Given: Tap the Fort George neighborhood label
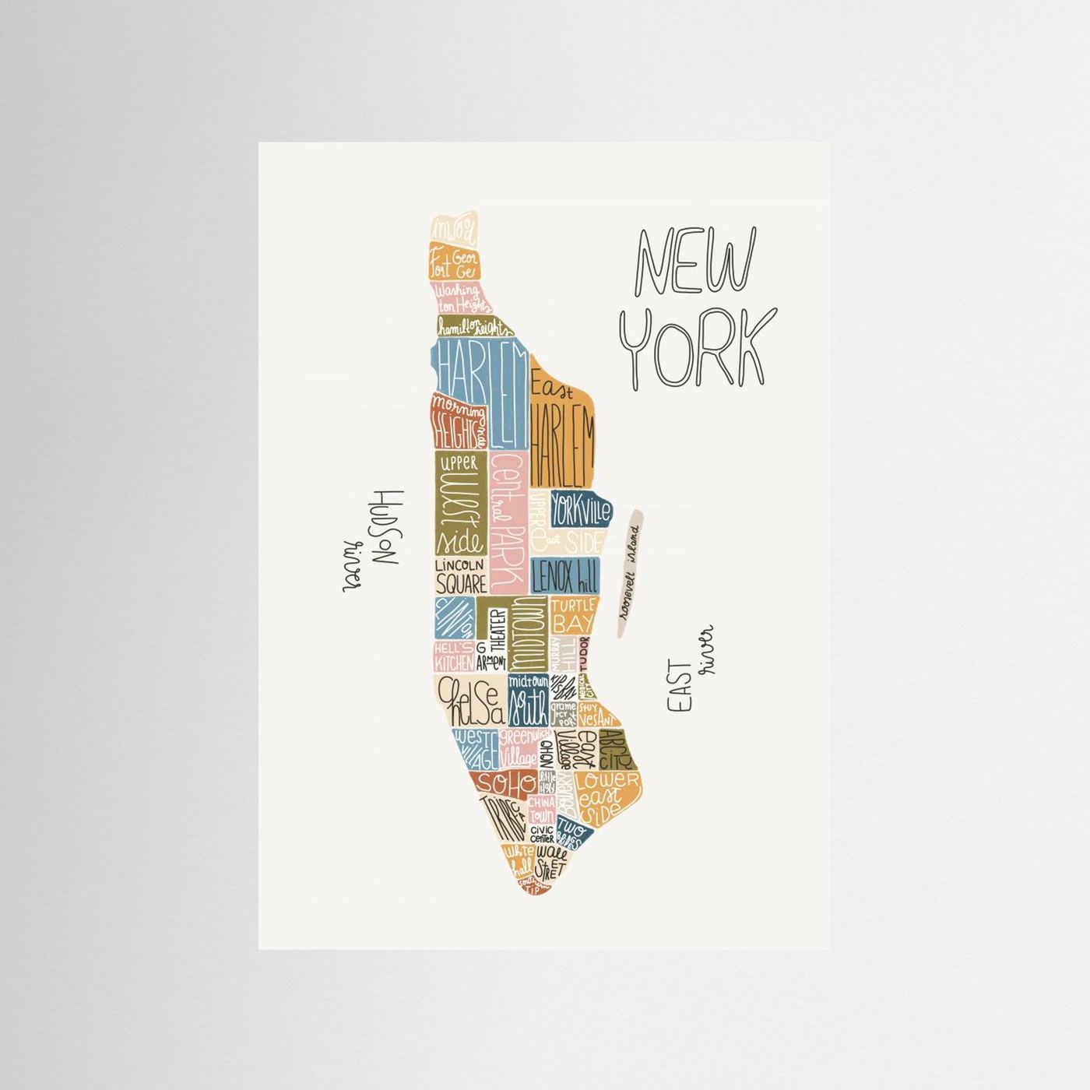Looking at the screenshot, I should pos(455,264).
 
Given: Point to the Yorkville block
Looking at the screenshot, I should pos(581,511).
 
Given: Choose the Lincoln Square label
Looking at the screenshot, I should pos(460,576).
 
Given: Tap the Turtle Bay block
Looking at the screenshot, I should pos(572,615).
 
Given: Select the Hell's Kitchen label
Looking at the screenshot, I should pos(453,657).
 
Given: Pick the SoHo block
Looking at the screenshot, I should pos(506,782).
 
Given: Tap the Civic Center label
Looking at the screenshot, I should pos(542,834).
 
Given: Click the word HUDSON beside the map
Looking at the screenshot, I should pos(385,527).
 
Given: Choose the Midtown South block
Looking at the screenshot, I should pos(528,699).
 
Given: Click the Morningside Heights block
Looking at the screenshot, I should pos(458,421).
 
